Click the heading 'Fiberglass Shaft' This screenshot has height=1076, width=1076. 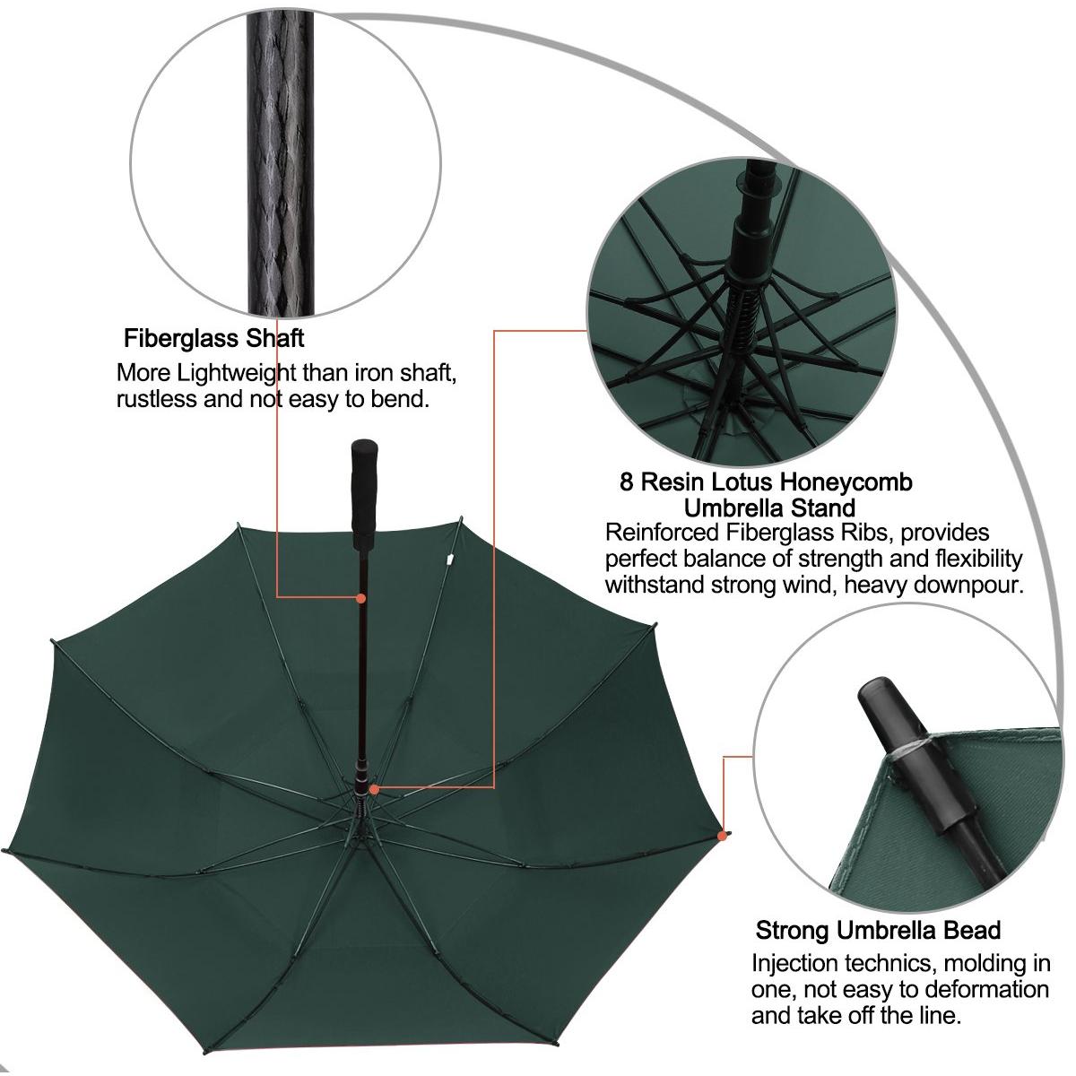213,338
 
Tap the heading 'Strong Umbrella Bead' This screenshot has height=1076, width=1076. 878,929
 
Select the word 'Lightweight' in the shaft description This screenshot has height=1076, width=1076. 238,372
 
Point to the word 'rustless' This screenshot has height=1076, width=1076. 155,398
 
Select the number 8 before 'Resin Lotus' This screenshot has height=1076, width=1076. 627,482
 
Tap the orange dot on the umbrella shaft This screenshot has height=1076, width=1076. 361,597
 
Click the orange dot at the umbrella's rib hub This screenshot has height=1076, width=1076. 373,790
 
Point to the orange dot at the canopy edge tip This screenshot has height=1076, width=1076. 722,836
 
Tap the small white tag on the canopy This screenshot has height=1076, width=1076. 447,561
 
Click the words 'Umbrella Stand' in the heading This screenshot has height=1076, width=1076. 769,508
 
